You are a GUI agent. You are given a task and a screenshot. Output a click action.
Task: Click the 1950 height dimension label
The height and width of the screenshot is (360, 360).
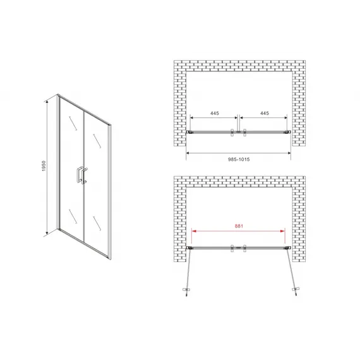[x=44, y=165]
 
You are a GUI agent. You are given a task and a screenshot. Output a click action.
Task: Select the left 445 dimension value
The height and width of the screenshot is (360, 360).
[x=215, y=113]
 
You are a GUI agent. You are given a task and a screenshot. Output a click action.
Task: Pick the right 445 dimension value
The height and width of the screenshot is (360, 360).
[x=265, y=113]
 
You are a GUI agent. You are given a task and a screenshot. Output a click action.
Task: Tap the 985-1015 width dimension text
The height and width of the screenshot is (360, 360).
[x=239, y=159]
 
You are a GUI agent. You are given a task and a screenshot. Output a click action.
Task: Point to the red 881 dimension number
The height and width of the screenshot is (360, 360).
[x=239, y=226]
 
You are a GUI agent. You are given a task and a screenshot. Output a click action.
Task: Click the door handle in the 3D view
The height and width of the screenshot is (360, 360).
[x=81, y=176]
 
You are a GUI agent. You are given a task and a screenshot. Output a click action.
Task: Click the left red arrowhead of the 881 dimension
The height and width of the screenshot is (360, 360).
[x=194, y=231]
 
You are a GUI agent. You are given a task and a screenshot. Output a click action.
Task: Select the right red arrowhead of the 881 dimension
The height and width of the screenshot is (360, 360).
[x=282, y=231]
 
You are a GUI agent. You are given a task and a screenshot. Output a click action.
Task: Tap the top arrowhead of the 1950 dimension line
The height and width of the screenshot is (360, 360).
[x=47, y=102]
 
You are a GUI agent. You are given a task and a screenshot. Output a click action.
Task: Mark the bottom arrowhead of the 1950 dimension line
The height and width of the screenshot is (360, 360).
[x=47, y=233]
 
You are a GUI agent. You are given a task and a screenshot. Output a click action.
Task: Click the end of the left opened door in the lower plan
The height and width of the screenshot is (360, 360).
[x=186, y=296]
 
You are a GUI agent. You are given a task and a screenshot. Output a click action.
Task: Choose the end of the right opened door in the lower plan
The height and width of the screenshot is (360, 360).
[x=296, y=295]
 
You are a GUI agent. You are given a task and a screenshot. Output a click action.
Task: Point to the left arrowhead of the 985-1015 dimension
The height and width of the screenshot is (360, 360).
[x=188, y=153]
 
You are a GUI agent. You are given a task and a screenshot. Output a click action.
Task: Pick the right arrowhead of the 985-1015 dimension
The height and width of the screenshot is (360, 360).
[x=289, y=153]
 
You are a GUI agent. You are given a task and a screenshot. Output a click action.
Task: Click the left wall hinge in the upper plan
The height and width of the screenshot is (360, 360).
[x=189, y=132]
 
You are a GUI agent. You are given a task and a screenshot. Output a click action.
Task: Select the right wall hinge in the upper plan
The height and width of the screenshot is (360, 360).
[x=287, y=132]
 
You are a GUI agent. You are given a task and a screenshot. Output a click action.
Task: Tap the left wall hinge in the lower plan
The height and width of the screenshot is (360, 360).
[x=189, y=248]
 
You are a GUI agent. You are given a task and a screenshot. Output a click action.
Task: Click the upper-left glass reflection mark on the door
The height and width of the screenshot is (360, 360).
[x=73, y=124]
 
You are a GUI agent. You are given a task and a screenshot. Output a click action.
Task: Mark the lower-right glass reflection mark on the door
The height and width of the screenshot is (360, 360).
[x=97, y=223]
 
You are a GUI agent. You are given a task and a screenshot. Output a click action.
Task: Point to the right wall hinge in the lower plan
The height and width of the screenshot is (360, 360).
[x=287, y=248]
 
